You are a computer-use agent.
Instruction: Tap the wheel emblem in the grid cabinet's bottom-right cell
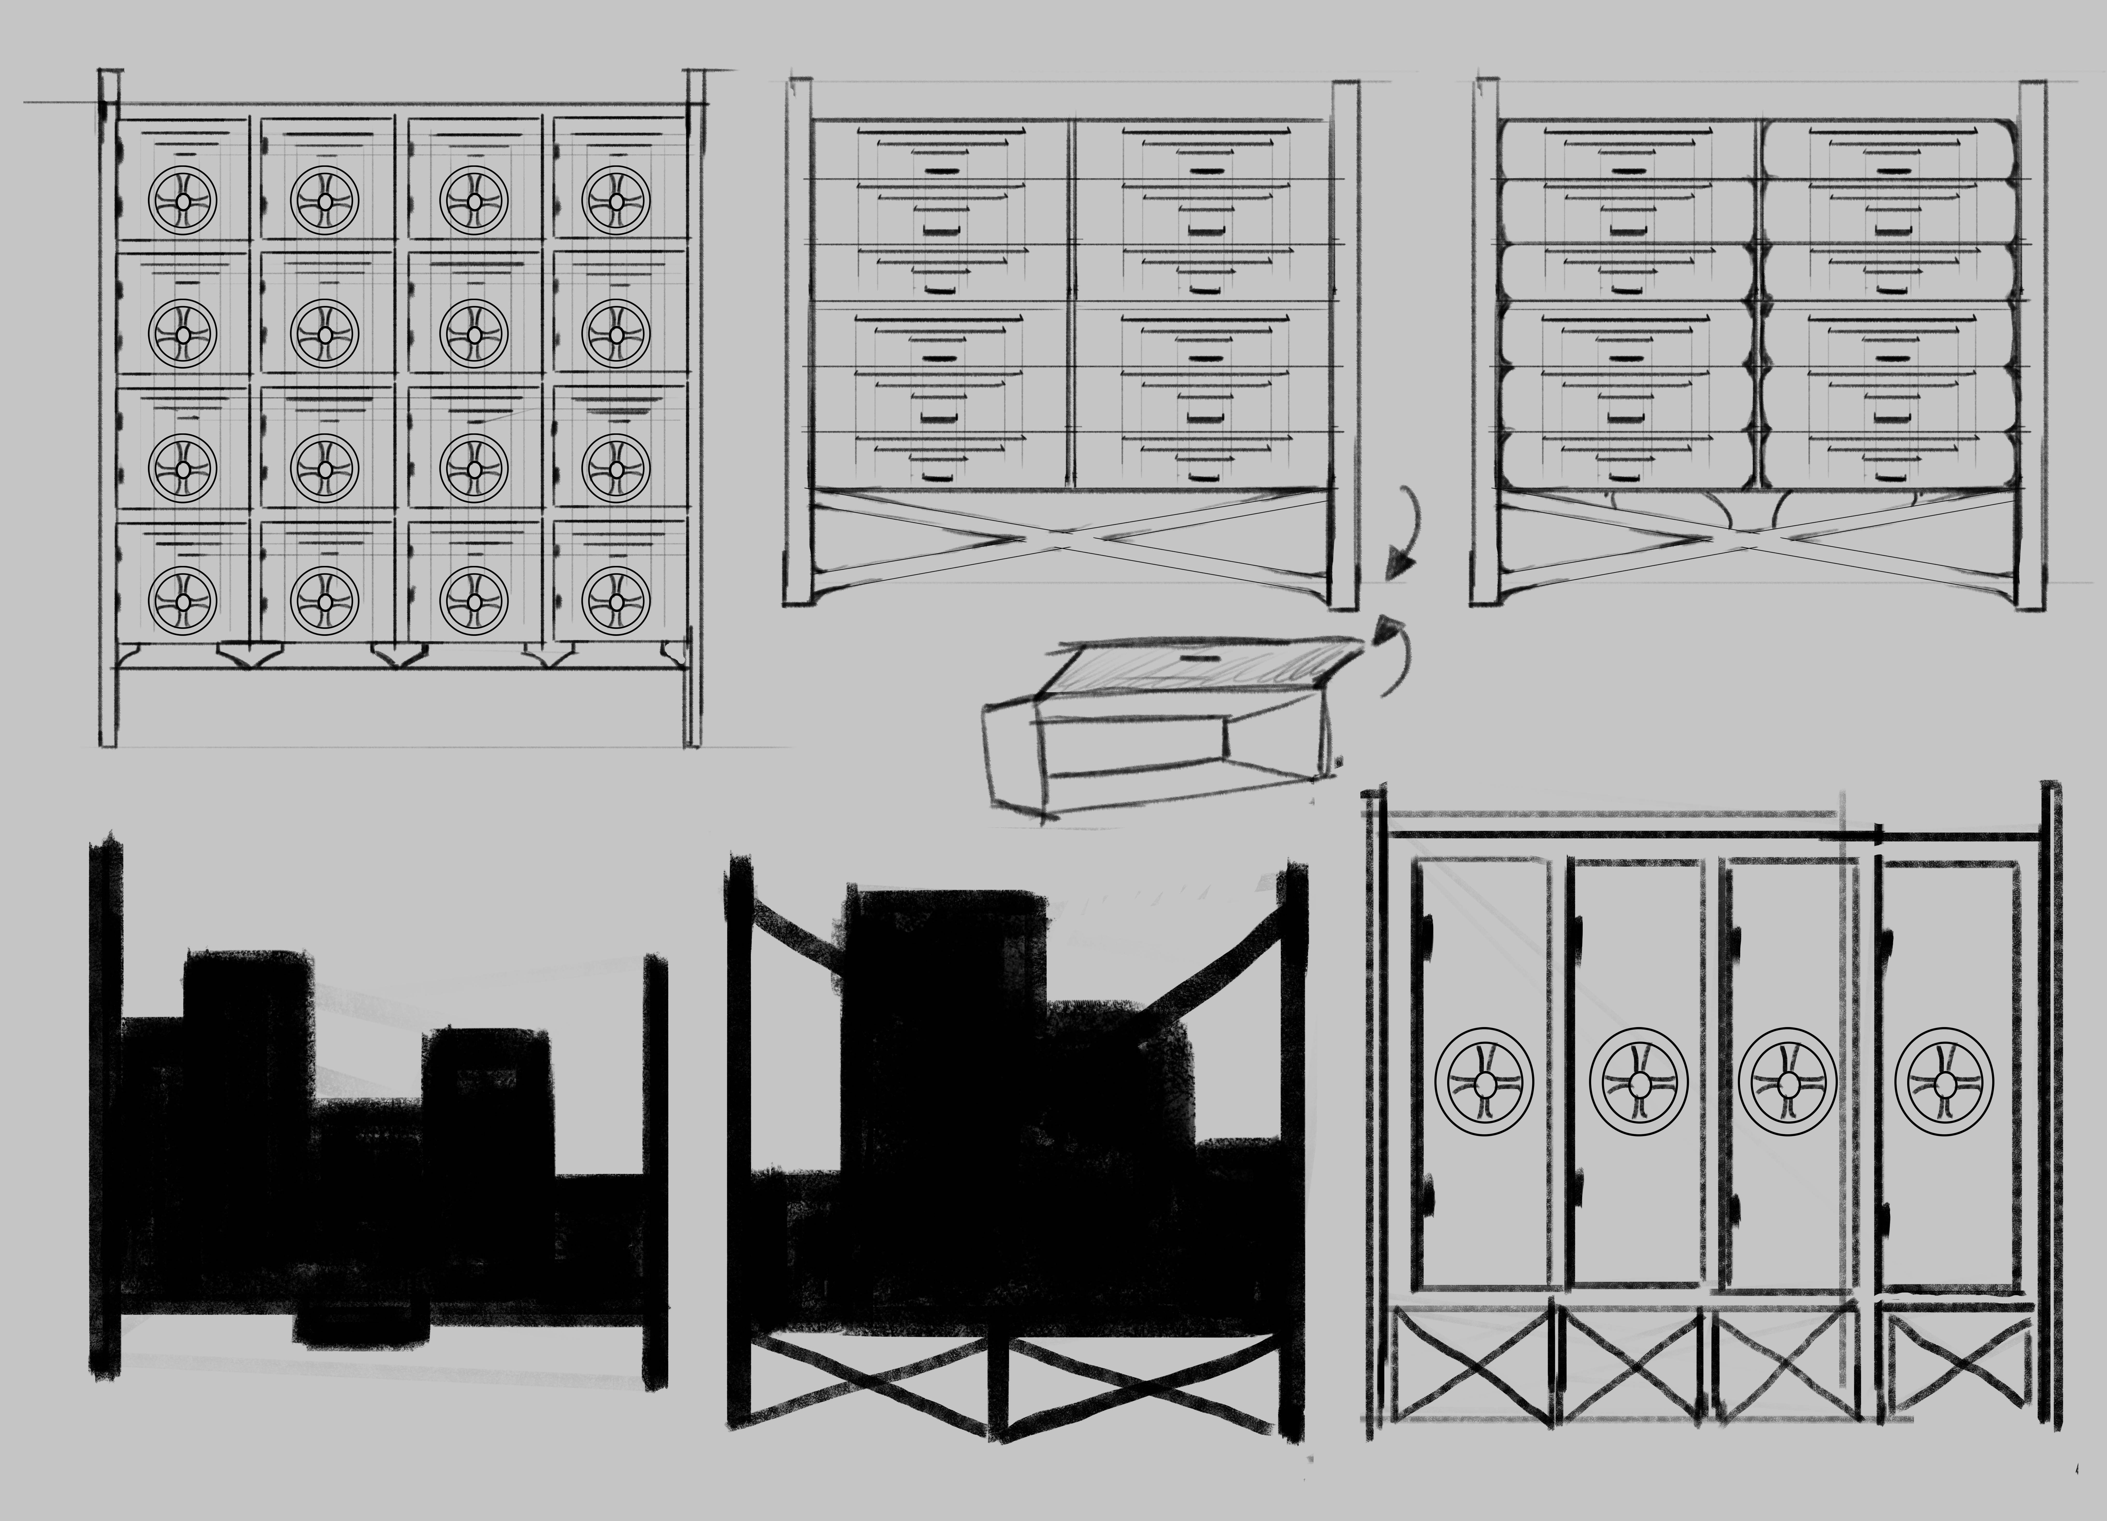616,602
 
